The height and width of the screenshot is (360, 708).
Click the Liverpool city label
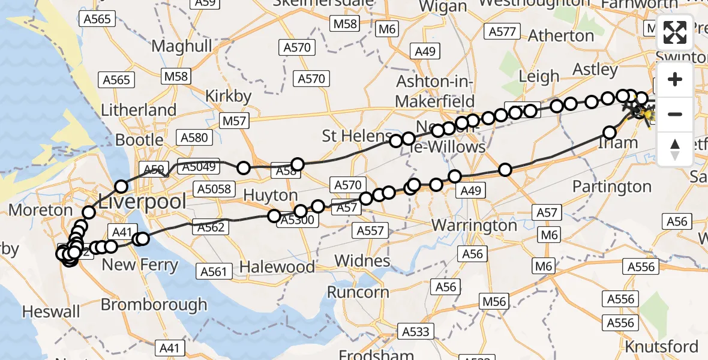pos(143,202)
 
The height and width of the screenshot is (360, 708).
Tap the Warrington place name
pos(474,226)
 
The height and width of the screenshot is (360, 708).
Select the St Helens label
pos(355,136)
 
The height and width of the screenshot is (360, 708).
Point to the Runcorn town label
pos(358,292)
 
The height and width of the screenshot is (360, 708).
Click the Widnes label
pos(362,261)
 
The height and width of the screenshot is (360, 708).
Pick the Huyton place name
pos(271,196)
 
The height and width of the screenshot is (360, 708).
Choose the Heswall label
pos(51,311)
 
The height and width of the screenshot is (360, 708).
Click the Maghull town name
pos(182,46)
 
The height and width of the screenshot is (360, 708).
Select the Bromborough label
pos(154,304)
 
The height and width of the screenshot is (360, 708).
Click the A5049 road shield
pos(198,167)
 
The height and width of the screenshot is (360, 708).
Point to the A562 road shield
pos(209,227)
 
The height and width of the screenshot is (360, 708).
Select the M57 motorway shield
pos(235,122)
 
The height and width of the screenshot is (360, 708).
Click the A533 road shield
pos(416,331)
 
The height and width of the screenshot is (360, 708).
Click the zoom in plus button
pos(675,80)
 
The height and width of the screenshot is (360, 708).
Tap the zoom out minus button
pos(675,114)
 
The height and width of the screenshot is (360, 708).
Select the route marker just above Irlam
pos(610,133)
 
